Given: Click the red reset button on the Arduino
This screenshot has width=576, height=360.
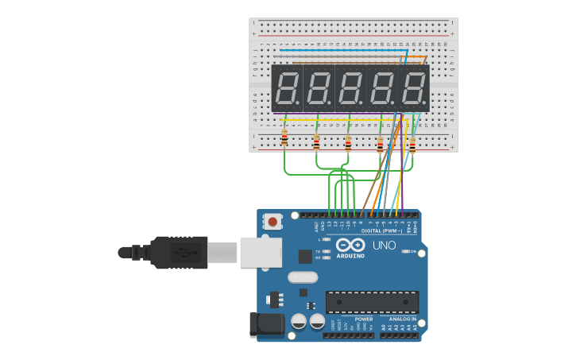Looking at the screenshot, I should coord(273,222).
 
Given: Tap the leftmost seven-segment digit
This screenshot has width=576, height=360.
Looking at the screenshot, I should coord(287,88).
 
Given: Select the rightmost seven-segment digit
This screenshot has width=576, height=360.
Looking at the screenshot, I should coord(414,88).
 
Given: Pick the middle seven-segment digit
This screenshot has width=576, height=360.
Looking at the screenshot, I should coord(350,88).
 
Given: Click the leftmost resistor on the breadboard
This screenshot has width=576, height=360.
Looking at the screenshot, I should coord(284,139).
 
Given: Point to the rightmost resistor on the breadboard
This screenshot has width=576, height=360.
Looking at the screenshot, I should coord(412,145).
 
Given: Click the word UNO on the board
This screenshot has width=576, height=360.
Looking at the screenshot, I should coord(385,246).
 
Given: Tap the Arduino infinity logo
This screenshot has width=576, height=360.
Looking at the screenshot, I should coord(350,245).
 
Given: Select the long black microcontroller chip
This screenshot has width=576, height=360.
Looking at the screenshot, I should coord(372,302).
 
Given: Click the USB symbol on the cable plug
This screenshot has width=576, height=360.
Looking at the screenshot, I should coord(186,253).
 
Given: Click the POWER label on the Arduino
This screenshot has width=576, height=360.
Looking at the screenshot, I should coord(364,319).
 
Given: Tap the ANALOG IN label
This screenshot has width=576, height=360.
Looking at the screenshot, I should coord(402,319).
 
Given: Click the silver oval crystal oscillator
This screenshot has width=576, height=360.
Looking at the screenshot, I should coord(303,277).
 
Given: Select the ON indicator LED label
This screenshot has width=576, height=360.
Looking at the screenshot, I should coord(413,251).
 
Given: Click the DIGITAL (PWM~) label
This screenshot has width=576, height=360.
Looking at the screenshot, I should coord(382,230).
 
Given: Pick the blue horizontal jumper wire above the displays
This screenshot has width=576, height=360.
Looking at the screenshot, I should coord(342,50).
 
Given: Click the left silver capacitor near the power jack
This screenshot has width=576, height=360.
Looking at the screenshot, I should coord(299,321).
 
